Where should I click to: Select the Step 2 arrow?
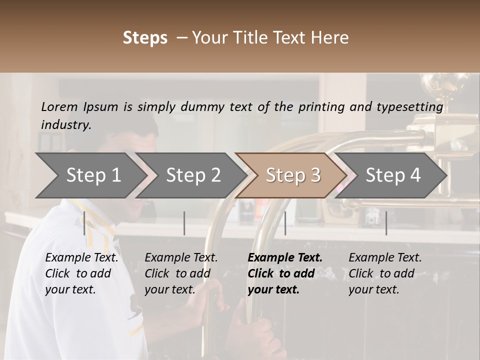(193, 175)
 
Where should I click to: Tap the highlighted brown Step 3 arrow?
(293, 175)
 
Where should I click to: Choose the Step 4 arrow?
(393, 175)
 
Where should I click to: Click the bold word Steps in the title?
(145, 38)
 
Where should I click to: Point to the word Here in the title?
(329, 38)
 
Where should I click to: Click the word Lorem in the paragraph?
(59, 107)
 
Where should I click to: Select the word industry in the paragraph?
(65, 125)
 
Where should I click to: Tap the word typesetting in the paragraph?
(412, 107)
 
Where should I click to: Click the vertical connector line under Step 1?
(84, 223)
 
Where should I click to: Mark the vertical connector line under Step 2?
(184, 223)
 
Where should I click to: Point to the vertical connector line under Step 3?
(285, 223)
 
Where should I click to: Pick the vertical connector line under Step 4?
(386, 223)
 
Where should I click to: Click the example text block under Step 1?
(81, 273)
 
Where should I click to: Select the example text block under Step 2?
(181, 273)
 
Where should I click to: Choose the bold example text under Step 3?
(285, 273)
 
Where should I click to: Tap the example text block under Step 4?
(385, 273)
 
